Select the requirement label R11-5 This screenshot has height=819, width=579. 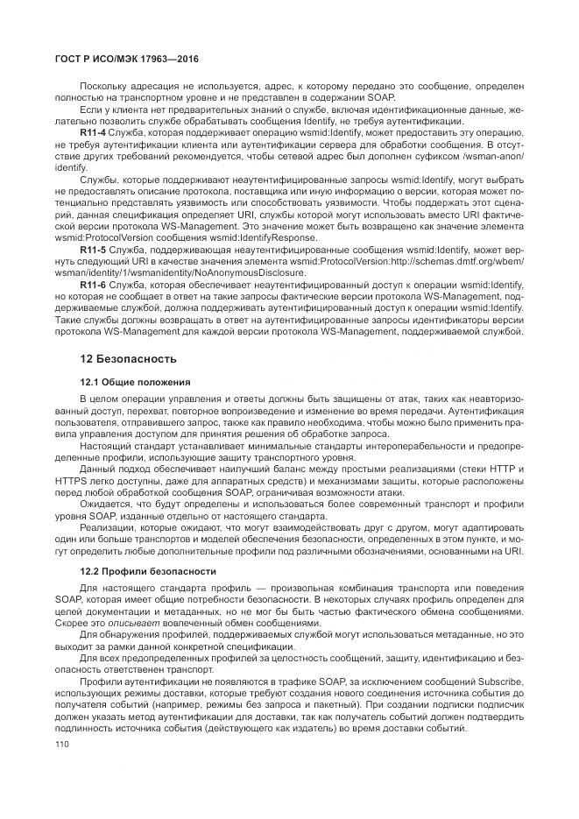93,250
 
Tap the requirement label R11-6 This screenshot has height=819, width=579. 93,286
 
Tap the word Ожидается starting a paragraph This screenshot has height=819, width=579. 102,505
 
